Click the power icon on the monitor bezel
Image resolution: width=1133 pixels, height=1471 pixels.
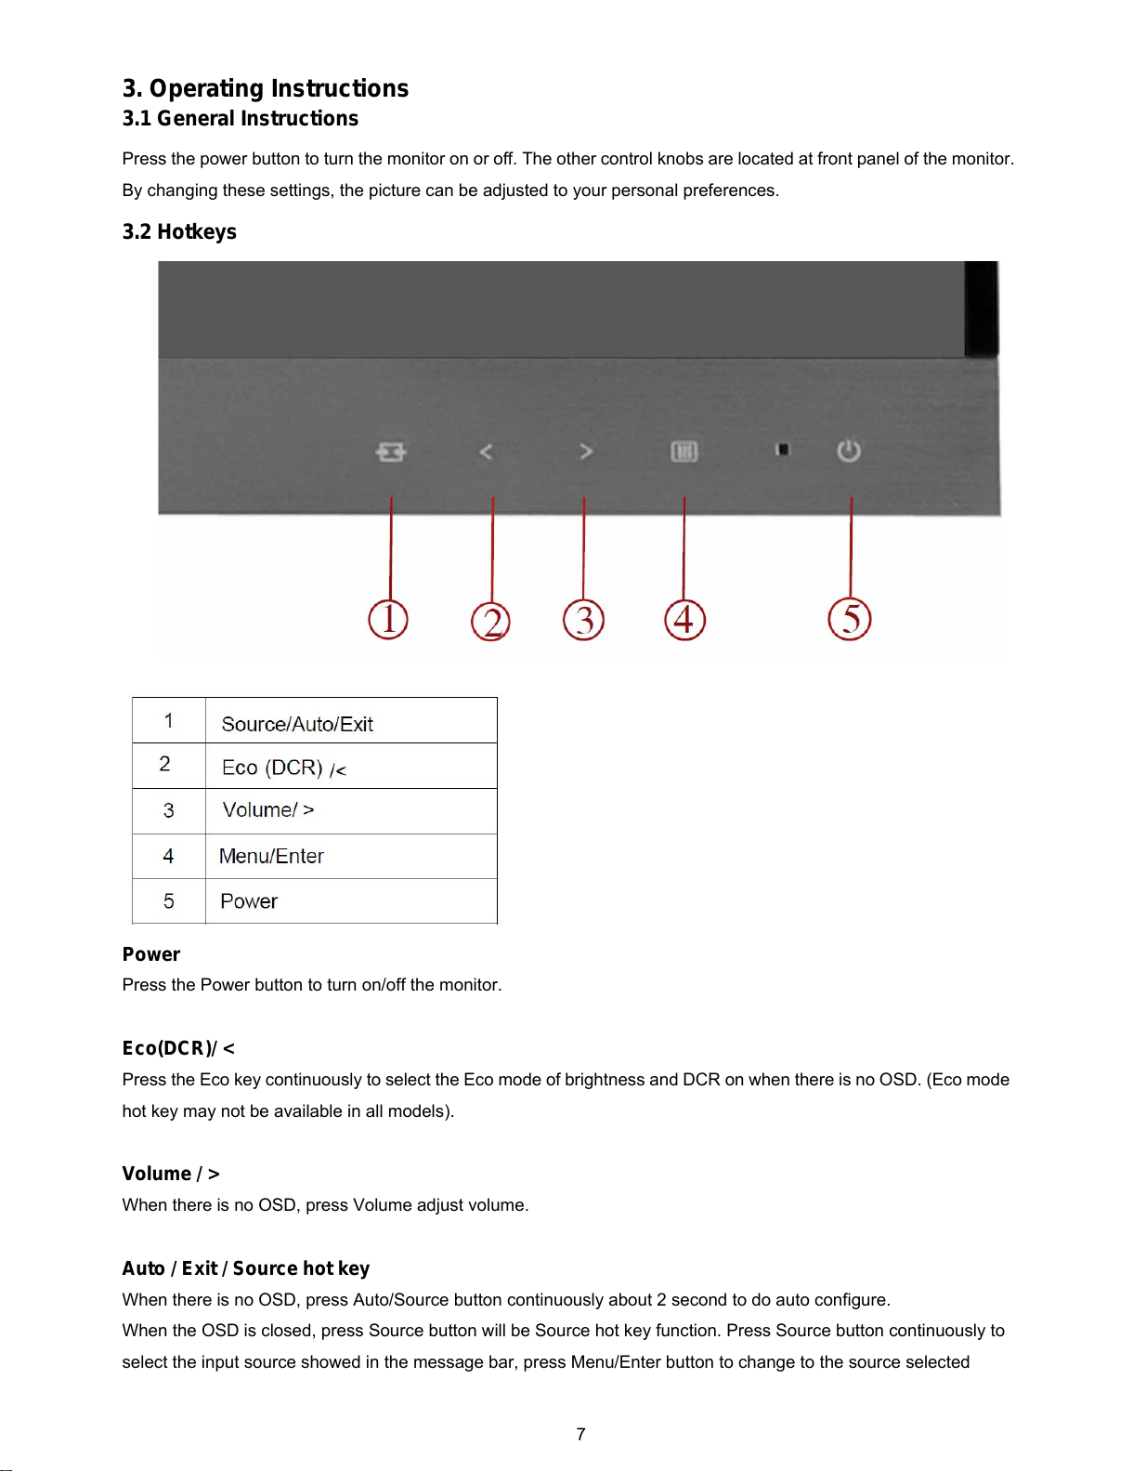(x=849, y=452)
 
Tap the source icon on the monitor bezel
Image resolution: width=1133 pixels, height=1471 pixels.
(x=391, y=452)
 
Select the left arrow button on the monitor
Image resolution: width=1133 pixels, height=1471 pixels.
(x=486, y=452)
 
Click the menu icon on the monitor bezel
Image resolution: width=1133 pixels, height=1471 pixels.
(x=684, y=452)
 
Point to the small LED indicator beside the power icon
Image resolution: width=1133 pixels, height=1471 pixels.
(x=783, y=450)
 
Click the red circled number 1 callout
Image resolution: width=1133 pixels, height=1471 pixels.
(x=388, y=620)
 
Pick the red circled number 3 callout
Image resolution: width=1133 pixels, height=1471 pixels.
(x=583, y=620)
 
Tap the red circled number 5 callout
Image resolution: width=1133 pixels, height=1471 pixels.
(x=850, y=620)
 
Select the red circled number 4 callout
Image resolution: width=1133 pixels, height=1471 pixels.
(x=684, y=620)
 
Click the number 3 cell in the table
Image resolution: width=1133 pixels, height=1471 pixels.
(x=168, y=810)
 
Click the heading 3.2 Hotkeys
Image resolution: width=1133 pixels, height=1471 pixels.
(x=179, y=231)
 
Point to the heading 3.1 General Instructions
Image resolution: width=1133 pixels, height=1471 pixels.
(x=240, y=118)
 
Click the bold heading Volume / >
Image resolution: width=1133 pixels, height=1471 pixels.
(x=171, y=1174)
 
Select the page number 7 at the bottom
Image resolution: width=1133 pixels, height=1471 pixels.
(x=580, y=1434)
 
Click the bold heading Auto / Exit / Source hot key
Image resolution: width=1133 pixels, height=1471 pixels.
(x=246, y=1268)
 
